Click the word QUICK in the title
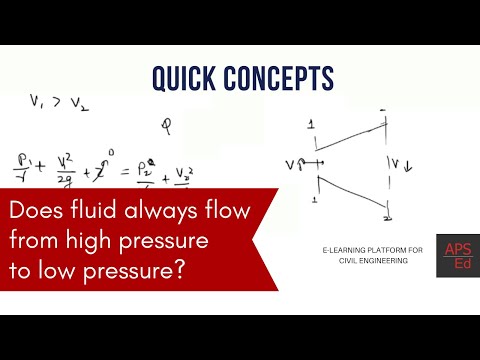pyautogui.click(x=181, y=77)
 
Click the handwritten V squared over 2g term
pyautogui.click(x=64, y=170)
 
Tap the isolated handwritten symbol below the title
pyautogui.click(x=166, y=126)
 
